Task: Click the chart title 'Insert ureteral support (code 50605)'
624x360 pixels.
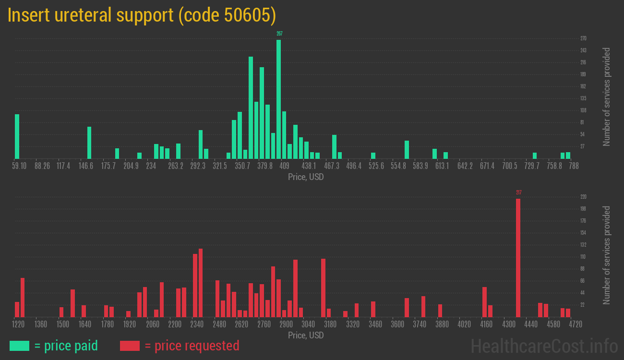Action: [142, 16]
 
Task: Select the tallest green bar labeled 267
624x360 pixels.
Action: [279, 99]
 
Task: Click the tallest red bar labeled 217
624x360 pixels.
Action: [518, 258]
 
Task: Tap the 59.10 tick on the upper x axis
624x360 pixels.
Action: [19, 166]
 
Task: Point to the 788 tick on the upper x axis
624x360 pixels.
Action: [574, 166]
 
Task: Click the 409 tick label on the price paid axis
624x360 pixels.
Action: [284, 166]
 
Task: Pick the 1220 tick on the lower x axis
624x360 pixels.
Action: [18, 324]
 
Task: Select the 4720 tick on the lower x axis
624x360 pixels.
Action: [575, 324]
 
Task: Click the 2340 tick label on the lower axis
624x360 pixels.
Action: [197, 324]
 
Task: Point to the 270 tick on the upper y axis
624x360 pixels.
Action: [583, 38]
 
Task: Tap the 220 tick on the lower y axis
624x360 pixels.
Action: [583, 197]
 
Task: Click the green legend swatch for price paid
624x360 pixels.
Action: [19, 346]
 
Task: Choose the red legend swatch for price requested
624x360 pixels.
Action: [130, 346]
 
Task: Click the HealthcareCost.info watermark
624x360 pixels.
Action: [544, 346]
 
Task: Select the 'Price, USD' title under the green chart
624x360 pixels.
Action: [306, 177]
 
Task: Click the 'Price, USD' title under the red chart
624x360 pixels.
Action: [306, 335]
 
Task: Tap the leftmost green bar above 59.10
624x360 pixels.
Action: [17, 136]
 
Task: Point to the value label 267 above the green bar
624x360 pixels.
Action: [279, 34]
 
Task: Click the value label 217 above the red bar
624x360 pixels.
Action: [519, 192]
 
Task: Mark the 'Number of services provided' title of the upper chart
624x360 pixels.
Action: [607, 96]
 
